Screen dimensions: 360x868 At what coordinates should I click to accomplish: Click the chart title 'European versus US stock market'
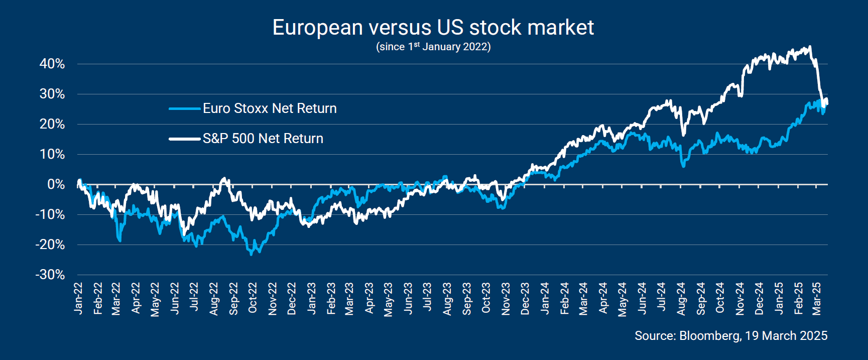433,28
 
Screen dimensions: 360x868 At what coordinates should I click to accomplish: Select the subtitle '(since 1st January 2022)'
433,47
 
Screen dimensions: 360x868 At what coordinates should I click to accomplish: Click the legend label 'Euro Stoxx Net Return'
270,108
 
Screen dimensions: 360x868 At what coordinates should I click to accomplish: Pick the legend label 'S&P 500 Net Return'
263,139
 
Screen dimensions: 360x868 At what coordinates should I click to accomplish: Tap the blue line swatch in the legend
184,108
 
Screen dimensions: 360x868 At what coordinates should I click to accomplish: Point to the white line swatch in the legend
184,139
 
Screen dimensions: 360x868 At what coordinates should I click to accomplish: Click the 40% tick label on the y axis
52,64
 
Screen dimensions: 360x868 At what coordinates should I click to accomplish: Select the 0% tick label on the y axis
56,184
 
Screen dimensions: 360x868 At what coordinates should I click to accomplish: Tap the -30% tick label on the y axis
50,275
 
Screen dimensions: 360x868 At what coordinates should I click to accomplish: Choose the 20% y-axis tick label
52,124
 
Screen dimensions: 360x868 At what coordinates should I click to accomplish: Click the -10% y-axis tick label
50,214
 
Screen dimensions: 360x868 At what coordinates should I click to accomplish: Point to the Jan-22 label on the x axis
78,298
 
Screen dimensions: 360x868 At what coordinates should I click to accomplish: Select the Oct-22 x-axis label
253,298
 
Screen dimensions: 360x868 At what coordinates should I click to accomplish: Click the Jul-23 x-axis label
427,298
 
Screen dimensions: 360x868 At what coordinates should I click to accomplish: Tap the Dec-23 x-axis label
525,298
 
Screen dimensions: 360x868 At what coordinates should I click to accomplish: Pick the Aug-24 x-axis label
681,298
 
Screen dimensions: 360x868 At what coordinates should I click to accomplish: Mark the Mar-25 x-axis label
817,298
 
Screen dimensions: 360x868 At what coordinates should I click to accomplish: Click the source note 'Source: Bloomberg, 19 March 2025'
730,336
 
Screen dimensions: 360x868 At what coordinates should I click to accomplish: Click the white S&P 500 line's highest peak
809,47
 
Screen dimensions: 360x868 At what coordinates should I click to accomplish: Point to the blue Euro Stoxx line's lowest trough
252,254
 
